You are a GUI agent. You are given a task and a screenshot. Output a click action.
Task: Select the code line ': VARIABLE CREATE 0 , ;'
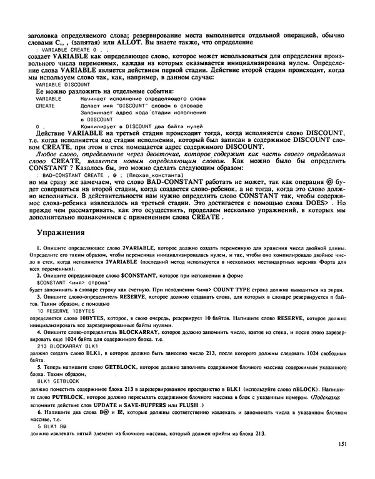[x=71, y=47]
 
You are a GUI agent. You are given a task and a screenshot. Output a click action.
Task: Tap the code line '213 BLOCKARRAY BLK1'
[x=68, y=346]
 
